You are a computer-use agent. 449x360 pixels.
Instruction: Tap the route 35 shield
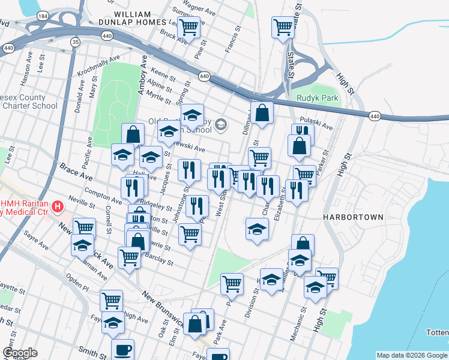coord(75,41)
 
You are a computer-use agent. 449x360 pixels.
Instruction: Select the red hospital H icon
coord(58,208)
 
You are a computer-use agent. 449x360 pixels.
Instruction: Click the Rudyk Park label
coord(317,98)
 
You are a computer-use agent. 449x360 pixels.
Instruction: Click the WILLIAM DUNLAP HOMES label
coord(140,17)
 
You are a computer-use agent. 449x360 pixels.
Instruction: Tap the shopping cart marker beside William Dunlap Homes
coord(189,26)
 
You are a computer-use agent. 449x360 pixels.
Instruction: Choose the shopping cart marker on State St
coord(283,26)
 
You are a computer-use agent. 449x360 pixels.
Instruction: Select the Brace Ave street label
coord(75,171)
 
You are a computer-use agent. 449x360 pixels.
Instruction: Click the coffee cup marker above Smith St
coord(124,349)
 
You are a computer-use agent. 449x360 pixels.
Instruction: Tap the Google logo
coord(20,353)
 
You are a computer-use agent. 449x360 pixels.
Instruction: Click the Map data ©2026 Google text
coord(411,355)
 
